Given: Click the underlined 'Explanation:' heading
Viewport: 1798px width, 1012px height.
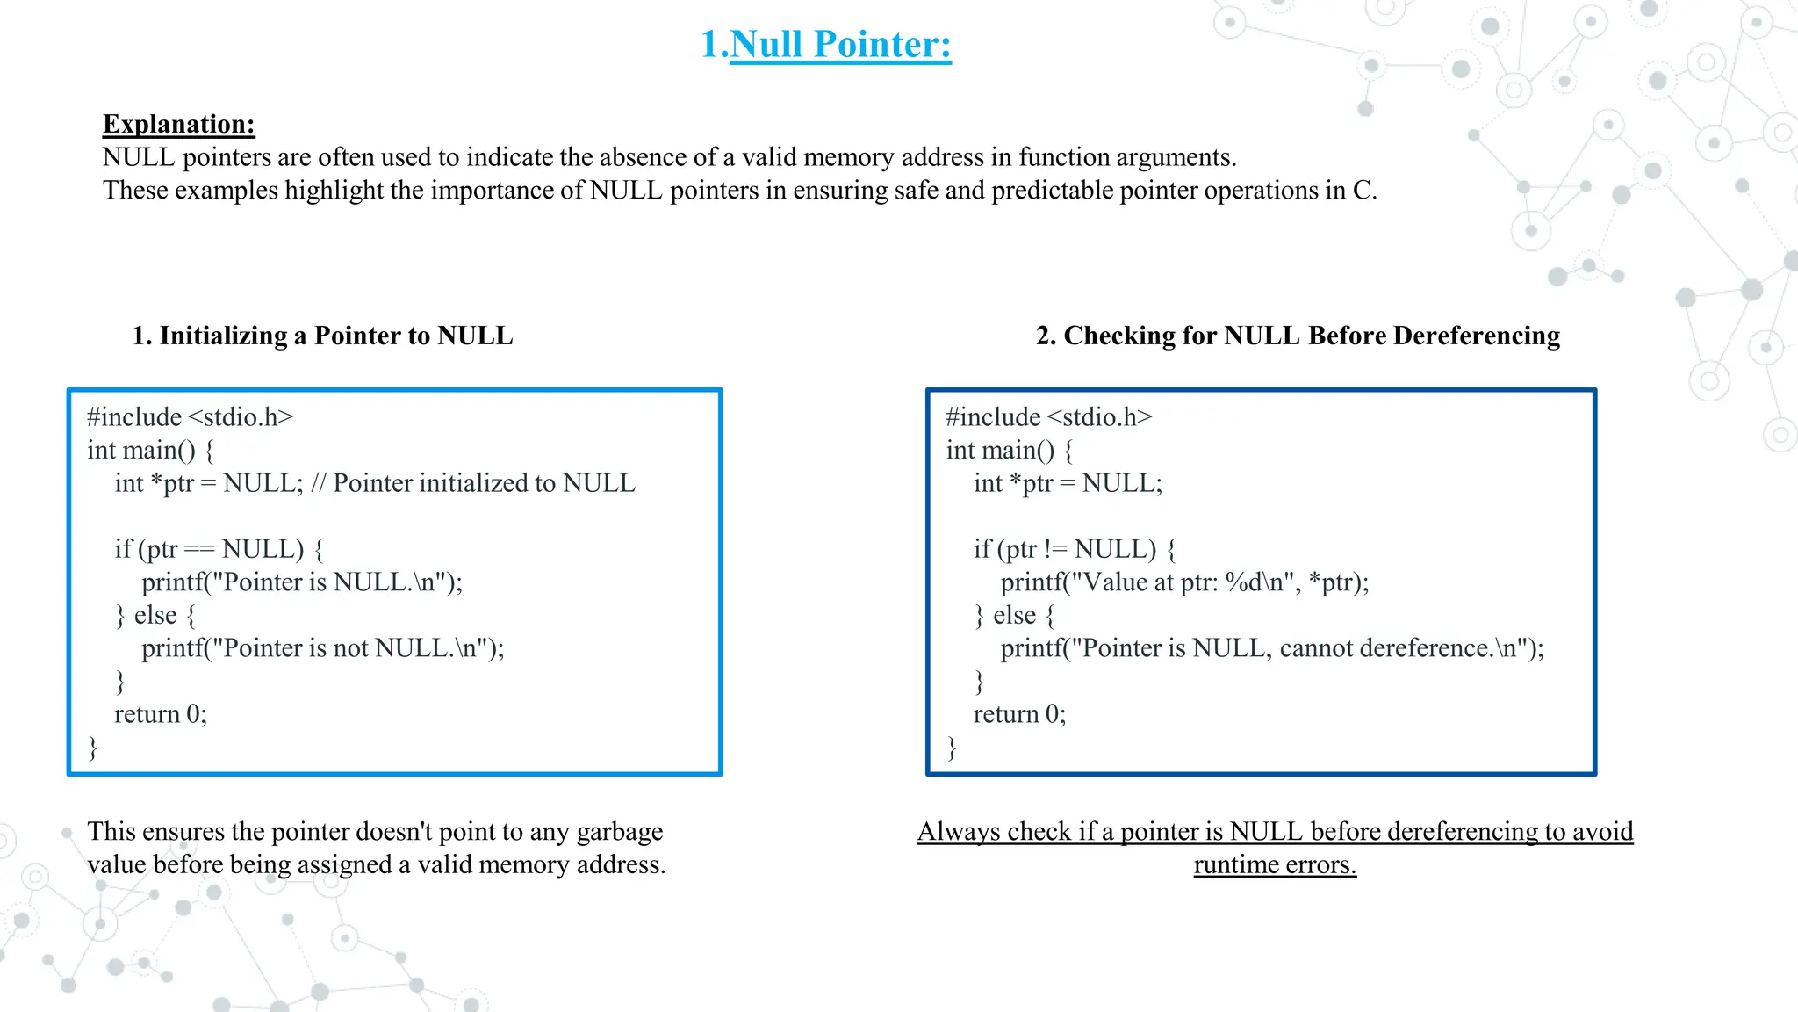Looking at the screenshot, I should point(178,124).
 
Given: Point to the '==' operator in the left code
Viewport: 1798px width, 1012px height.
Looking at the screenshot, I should point(199,550).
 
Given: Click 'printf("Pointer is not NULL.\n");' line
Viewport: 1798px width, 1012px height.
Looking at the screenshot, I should point(322,648).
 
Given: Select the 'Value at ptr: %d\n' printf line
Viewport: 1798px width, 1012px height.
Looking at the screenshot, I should point(1183,582).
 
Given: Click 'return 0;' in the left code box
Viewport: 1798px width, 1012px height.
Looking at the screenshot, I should point(161,714).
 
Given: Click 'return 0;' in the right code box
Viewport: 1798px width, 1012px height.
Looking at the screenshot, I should point(1019,714).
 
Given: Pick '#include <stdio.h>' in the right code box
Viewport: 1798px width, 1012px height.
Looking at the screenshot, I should point(1048,417).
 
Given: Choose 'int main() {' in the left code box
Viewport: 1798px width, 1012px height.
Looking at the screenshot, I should point(150,451).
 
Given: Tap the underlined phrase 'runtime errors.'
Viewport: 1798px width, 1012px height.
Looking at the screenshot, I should point(1275,864).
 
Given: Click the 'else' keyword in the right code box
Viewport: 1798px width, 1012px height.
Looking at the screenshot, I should point(1014,616).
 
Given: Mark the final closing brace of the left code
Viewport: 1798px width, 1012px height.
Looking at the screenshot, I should point(93,748).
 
